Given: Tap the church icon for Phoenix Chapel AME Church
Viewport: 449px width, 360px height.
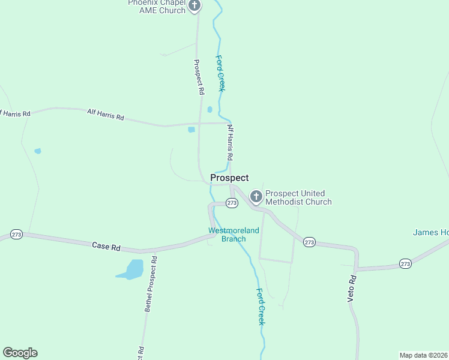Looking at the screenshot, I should (194, 5).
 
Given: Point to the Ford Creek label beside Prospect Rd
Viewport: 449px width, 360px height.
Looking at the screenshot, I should (220, 73).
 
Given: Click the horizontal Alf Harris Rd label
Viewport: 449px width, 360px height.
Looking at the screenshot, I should (105, 115).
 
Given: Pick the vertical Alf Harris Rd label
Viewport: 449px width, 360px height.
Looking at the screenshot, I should (229, 142).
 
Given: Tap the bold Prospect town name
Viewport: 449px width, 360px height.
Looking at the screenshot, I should (229, 178).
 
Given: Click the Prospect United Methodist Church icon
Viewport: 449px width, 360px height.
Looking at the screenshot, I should (256, 196).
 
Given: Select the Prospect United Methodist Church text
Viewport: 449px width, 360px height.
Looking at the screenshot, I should (298, 197).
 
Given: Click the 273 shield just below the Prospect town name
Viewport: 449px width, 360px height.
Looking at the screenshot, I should (232, 203).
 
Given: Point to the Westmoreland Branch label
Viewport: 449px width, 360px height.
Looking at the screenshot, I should (234, 235).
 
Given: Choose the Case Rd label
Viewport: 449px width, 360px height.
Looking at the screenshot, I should (106, 246).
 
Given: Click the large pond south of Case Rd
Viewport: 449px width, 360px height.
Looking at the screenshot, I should (132, 269).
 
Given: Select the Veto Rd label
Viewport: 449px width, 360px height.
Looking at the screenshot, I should (352, 289).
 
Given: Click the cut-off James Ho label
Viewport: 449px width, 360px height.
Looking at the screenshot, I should (430, 233).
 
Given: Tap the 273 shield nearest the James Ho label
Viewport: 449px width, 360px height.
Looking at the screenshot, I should (405, 263).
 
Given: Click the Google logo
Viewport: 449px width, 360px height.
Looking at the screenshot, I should (20, 353).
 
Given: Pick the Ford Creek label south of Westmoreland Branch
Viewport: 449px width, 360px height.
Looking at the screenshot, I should (260, 307).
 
